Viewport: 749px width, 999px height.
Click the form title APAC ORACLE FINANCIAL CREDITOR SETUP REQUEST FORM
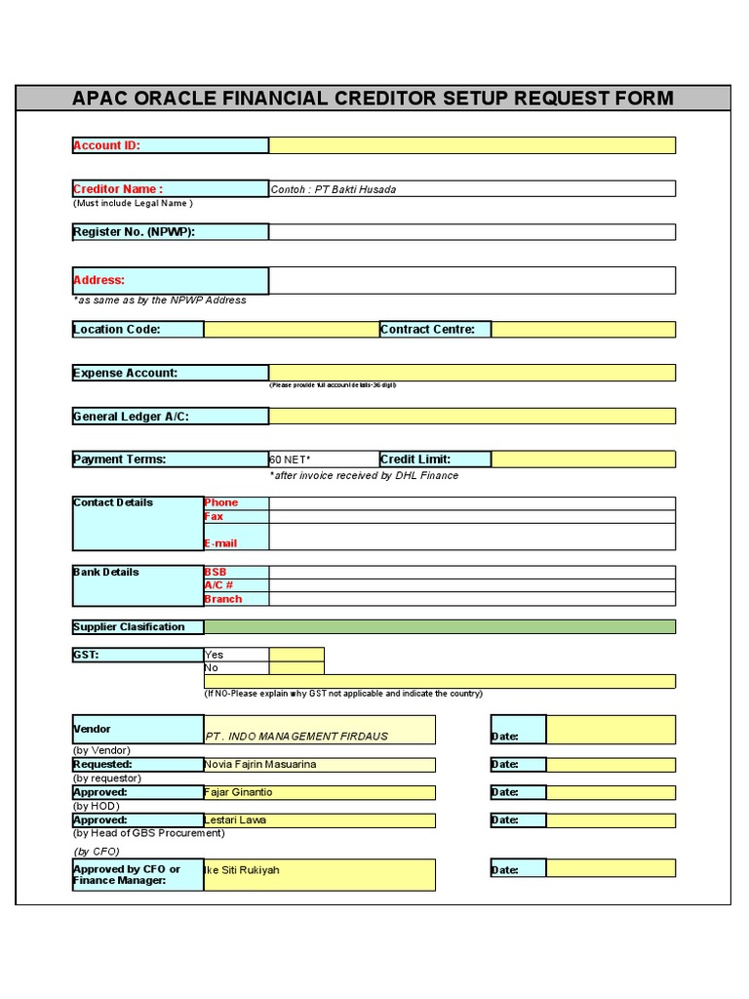click(373, 99)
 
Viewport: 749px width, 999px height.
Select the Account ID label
click(107, 145)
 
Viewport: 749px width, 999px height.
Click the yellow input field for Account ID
click(472, 145)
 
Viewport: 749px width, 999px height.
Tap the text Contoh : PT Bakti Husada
click(334, 189)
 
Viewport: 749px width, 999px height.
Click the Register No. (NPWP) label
click(134, 232)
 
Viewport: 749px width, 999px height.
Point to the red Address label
click(99, 280)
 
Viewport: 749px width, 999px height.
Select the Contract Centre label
click(428, 329)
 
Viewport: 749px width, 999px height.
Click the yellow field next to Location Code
click(291, 329)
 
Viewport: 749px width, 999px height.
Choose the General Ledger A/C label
click(132, 417)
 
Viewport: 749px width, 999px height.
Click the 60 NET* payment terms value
click(291, 460)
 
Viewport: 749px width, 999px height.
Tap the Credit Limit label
click(415, 460)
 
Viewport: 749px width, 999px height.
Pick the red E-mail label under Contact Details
click(220, 543)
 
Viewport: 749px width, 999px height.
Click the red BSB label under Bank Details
click(215, 573)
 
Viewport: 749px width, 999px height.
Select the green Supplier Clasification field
click(439, 626)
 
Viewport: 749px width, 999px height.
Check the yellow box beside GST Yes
click(296, 655)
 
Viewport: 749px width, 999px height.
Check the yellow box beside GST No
click(296, 668)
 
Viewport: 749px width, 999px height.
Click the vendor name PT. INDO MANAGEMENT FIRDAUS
click(296, 736)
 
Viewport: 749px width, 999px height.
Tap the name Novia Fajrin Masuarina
click(260, 764)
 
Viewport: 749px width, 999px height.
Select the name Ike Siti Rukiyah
click(241, 869)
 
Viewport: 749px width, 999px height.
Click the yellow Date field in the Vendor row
click(611, 730)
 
